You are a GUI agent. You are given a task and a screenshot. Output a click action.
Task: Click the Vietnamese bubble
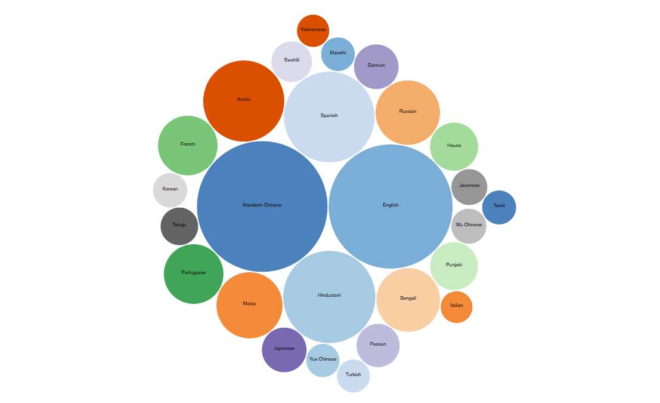313,30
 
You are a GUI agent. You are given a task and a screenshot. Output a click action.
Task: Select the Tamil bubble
499,207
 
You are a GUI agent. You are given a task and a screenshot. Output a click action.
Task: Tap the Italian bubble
456,307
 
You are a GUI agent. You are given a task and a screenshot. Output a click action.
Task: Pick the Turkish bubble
353,376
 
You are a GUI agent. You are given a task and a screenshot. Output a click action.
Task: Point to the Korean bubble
170,190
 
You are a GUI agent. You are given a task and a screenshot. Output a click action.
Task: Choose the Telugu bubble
179,226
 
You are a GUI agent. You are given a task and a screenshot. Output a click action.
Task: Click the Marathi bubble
337,54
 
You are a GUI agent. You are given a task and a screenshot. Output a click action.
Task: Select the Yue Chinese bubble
323,360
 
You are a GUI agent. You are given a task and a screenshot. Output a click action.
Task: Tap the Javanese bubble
469,186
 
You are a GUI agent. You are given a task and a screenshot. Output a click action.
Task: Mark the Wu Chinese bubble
469,226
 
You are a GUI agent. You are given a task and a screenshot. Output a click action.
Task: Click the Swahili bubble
292,61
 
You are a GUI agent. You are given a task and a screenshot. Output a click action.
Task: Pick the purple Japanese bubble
284,349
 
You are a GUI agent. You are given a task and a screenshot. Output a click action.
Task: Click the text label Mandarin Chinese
262,205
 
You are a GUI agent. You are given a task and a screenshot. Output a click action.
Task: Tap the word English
391,205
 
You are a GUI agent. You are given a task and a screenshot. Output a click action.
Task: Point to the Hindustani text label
329,295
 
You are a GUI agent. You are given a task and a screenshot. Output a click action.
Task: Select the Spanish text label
329,116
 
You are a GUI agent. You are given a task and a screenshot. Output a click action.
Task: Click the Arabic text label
244,100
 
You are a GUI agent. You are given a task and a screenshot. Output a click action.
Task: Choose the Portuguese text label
193,273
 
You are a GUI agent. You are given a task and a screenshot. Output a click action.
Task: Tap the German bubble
376,66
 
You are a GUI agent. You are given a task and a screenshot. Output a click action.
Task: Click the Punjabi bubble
454,266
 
